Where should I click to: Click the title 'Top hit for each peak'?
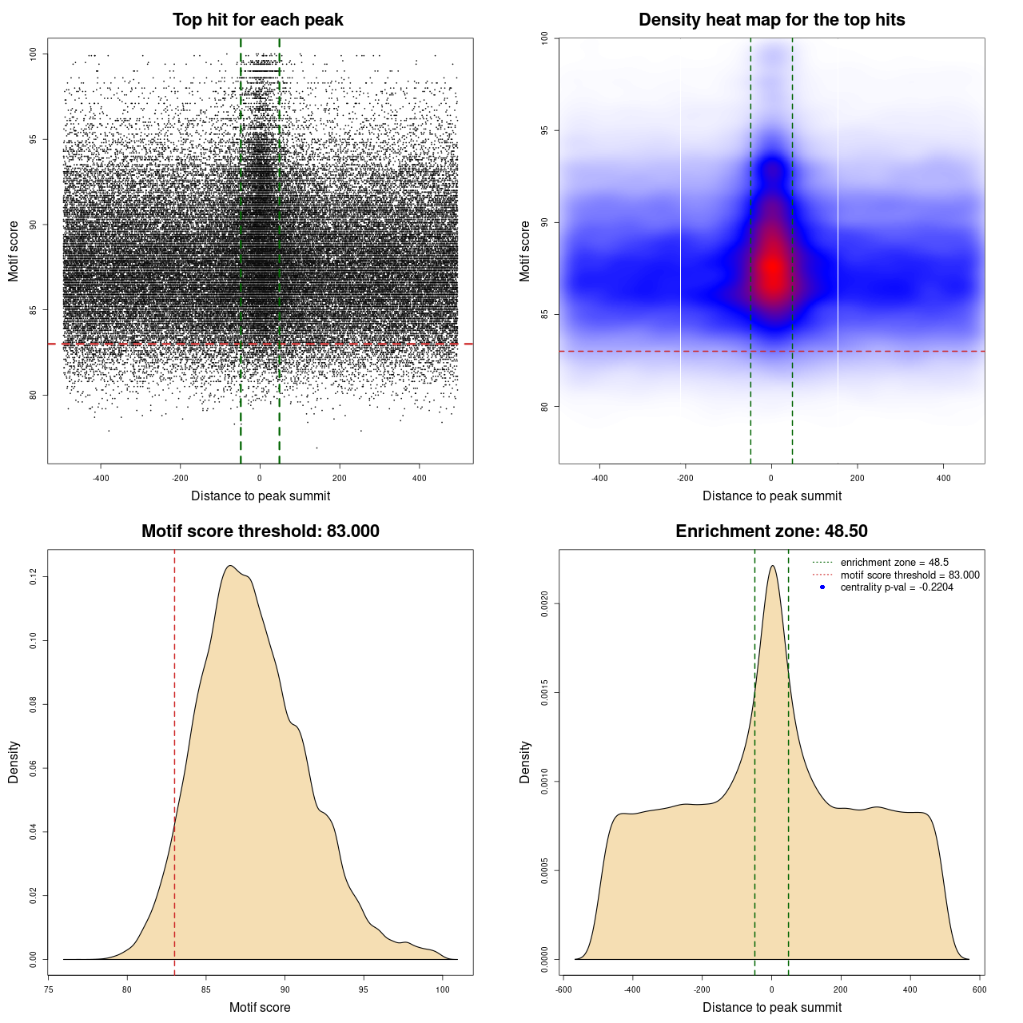[257, 20]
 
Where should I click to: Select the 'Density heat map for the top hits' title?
[771, 20]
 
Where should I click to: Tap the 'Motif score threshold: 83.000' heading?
[260, 531]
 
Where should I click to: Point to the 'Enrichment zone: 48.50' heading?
[771, 531]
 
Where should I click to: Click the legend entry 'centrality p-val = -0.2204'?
[896, 587]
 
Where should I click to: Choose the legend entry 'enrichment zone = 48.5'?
[894, 563]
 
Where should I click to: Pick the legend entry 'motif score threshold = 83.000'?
[910, 575]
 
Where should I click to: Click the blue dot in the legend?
[822, 587]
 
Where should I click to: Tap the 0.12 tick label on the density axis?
[33, 576]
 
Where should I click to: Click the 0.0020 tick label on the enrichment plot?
[544, 604]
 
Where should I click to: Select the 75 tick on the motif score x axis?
[49, 989]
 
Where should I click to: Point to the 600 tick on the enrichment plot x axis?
[979, 989]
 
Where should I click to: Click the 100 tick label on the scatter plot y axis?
[33, 54]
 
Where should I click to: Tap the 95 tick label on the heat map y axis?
[544, 130]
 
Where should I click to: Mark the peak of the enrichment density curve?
[772, 566]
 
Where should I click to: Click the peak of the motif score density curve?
[230, 566]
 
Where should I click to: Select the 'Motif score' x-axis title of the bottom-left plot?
[260, 1007]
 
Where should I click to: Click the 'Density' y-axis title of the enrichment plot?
[525, 762]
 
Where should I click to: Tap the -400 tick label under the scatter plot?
[101, 478]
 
